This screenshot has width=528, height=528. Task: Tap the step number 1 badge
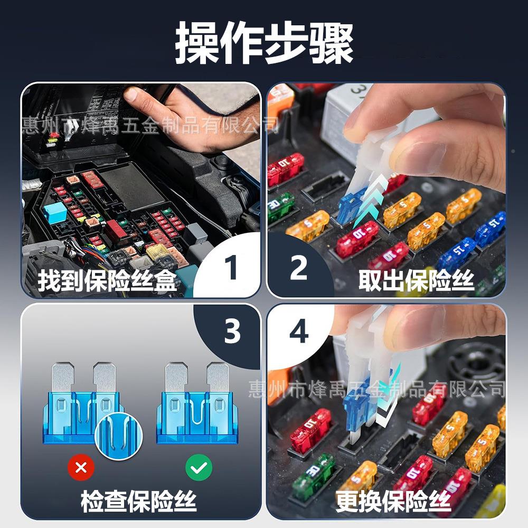pos(231,268)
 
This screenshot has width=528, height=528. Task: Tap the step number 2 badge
pos(298,268)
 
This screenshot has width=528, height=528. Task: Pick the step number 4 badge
pos(299,333)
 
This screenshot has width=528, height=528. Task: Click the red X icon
pos(81,467)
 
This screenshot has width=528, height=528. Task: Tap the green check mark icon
pos(199,467)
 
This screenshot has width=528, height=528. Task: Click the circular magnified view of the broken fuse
pos(119,436)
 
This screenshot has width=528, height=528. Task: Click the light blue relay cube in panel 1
pos(54,212)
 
